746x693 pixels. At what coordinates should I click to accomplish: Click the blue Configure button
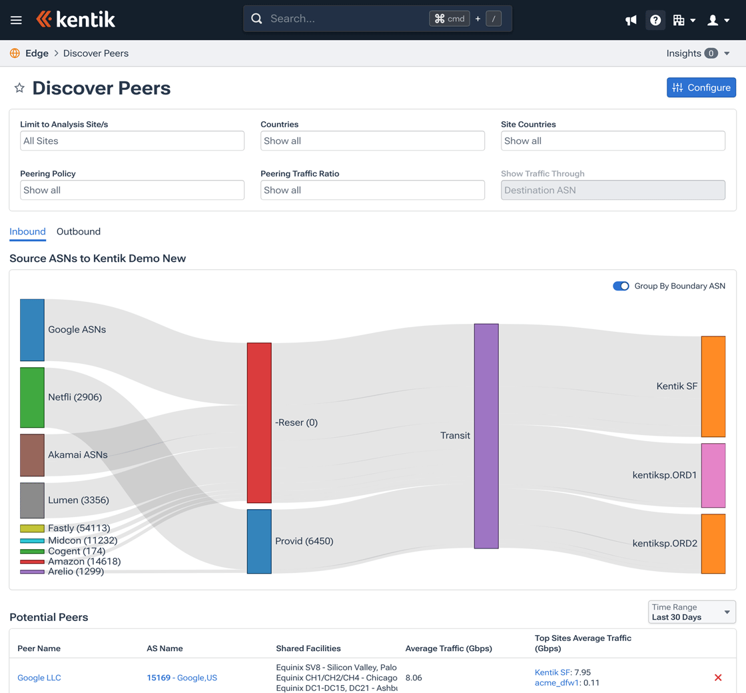pyautogui.click(x=701, y=87)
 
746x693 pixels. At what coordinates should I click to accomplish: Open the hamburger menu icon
pyautogui.click(x=16, y=20)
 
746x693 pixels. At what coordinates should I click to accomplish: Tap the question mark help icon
pyautogui.click(x=655, y=20)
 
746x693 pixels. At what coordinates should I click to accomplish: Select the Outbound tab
pyautogui.click(x=79, y=232)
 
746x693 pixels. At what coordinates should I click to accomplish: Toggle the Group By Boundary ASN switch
pyautogui.click(x=621, y=286)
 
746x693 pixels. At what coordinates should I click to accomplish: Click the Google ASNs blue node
pyautogui.click(x=32, y=330)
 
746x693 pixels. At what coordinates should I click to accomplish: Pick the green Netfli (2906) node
pyautogui.click(x=32, y=397)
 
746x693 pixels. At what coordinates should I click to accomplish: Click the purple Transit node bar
pyautogui.click(x=486, y=436)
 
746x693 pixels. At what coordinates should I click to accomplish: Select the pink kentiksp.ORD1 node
pyautogui.click(x=713, y=475)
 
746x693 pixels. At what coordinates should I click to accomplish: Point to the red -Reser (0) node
pyautogui.click(x=259, y=422)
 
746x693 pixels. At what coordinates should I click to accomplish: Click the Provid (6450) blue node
pyautogui.click(x=259, y=541)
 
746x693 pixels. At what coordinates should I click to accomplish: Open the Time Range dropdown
pyautogui.click(x=692, y=612)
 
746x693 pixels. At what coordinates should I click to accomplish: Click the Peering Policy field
pyautogui.click(x=132, y=190)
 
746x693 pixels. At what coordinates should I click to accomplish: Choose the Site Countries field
pyautogui.click(x=613, y=141)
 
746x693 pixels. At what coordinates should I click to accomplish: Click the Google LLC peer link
pyautogui.click(x=39, y=678)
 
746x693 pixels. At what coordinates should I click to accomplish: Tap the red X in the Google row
pyautogui.click(x=718, y=678)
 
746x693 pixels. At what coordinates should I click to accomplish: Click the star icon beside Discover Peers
pyautogui.click(x=19, y=88)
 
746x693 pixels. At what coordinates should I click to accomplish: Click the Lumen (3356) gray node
pyautogui.click(x=32, y=500)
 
